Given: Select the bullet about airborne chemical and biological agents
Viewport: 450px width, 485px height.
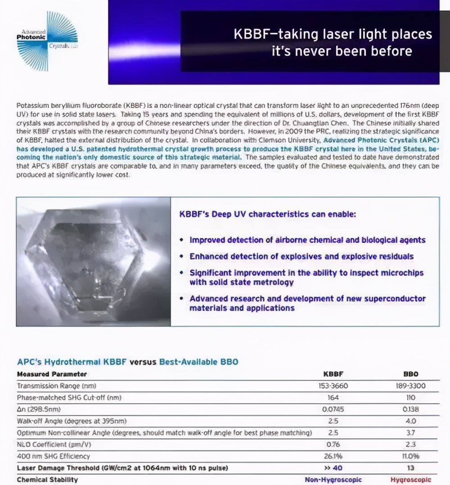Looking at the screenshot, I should [x=307, y=240].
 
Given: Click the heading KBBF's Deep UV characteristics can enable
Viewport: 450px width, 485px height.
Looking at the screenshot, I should [x=267, y=215].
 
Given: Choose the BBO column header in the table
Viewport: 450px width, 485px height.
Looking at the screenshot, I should [x=410, y=374].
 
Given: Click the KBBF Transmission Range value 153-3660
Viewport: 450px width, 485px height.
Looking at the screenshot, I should [x=333, y=386].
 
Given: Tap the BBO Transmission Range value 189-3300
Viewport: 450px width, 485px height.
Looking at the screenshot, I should [x=410, y=386].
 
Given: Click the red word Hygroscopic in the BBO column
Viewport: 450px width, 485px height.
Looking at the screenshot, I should [x=410, y=480].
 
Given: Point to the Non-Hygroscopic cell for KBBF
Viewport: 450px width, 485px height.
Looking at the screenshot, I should [x=333, y=480].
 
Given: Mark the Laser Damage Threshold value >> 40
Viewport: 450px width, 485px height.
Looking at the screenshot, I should [x=333, y=468].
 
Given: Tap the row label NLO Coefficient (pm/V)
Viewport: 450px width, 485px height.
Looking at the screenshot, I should [x=54, y=445].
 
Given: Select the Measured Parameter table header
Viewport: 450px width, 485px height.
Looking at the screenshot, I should [x=52, y=374].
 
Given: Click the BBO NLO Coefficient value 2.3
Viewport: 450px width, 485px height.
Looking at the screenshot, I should [x=410, y=445].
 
